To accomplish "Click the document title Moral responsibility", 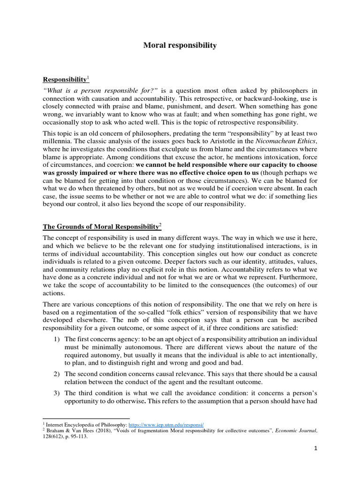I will pos(180,45).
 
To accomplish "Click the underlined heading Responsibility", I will pos(65,80).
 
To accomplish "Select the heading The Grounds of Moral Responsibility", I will pos(101,226).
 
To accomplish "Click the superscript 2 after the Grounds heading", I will pos(160,224).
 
